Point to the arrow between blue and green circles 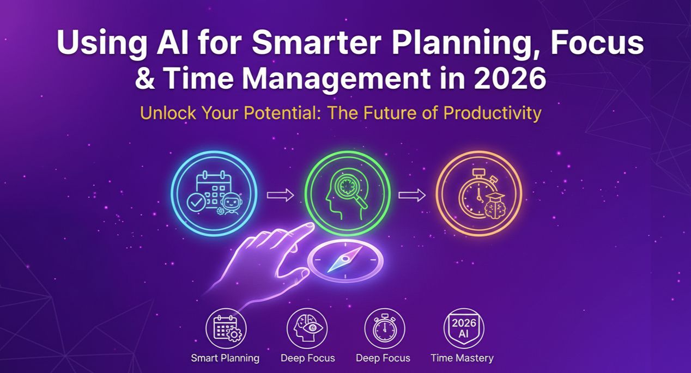coord(280,195)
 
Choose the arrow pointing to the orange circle coord(411,195)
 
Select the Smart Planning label coord(225,358)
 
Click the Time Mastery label coord(462,358)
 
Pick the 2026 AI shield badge coord(463,328)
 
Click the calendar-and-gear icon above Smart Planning coord(226,328)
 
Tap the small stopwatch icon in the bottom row coord(384,328)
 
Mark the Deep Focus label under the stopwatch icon coord(383,358)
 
